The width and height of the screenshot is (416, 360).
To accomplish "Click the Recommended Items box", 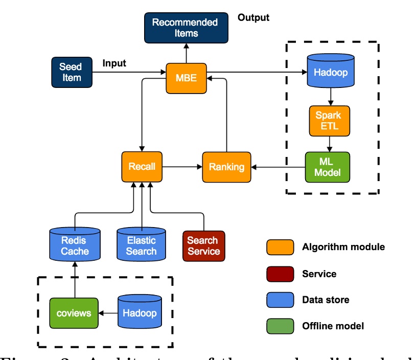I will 185,28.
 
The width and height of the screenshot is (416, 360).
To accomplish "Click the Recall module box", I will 142,166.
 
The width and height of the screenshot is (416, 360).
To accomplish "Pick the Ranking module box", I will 226,167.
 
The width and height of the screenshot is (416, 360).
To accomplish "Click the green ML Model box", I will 327,166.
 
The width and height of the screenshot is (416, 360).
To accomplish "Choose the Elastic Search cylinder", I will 141,245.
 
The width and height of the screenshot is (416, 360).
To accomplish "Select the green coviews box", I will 74,312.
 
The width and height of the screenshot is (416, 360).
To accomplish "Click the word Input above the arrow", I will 114,63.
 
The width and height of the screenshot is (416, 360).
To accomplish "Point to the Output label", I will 253,18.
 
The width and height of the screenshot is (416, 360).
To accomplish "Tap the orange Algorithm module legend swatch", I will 280,247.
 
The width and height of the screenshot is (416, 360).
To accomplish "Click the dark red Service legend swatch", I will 280,274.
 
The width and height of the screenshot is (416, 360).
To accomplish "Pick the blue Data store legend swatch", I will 280,300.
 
